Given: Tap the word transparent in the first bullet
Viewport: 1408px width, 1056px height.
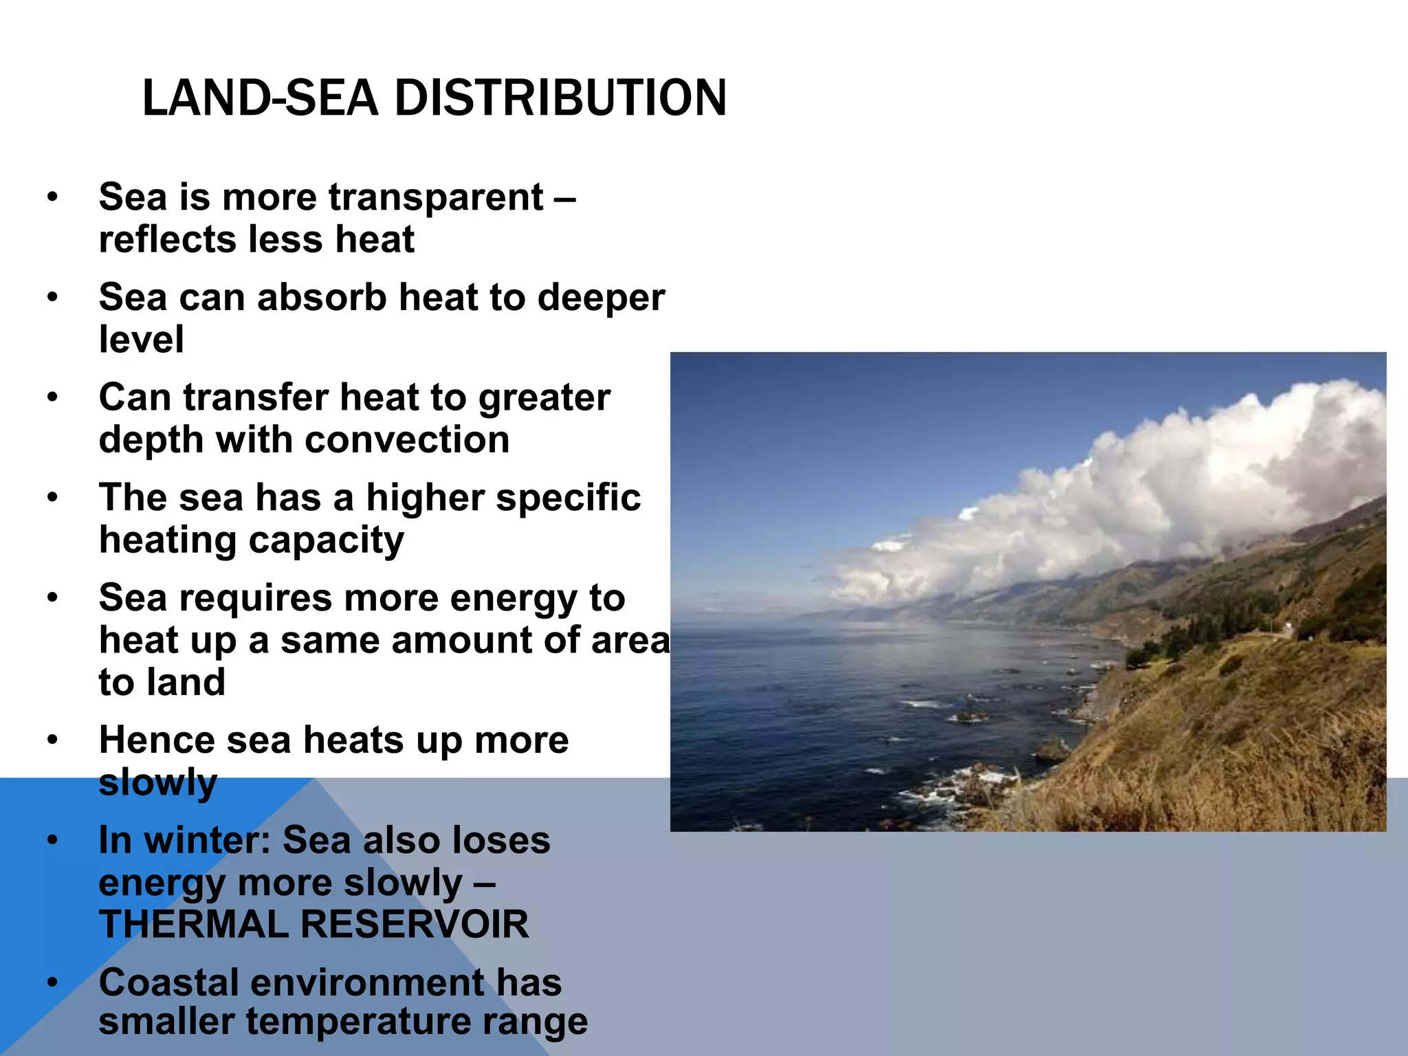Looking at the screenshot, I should pyautogui.click(x=436, y=198).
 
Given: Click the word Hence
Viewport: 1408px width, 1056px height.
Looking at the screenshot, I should pyautogui.click(x=156, y=741).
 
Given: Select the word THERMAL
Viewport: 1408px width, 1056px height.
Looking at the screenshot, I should pyautogui.click(x=193, y=925).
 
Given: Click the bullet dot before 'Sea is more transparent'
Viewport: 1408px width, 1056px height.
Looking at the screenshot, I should pyautogui.click(x=53, y=198).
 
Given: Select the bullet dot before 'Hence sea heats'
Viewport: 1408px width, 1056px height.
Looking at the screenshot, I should pyautogui.click(x=53, y=741).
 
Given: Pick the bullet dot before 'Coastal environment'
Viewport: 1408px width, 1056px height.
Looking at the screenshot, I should pyautogui.click(x=53, y=982).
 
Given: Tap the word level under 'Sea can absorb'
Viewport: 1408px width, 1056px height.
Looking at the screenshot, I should pyautogui.click(x=141, y=340).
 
